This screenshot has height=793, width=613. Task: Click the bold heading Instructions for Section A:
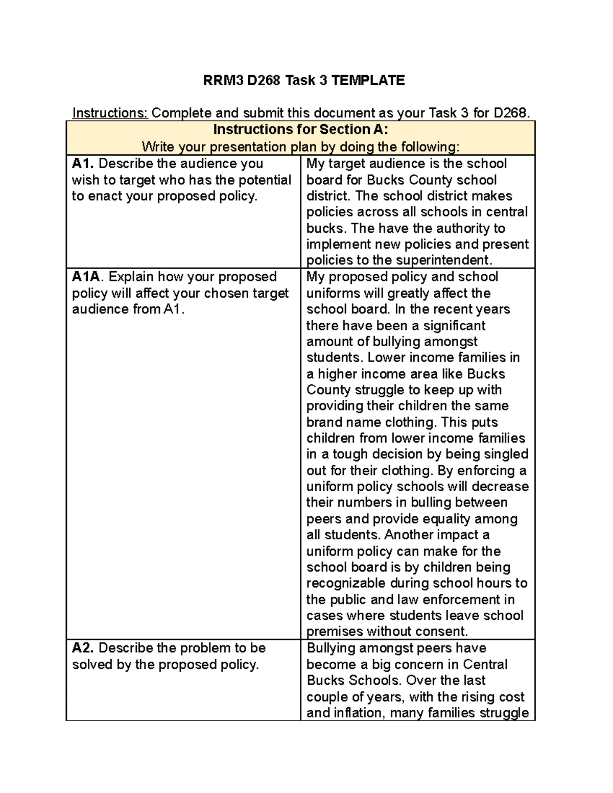coord(300,129)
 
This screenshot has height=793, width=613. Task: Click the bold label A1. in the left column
coord(83,163)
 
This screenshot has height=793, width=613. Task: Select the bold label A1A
coord(87,277)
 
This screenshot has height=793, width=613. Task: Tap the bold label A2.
coord(83,648)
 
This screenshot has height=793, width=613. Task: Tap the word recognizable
coord(346,583)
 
